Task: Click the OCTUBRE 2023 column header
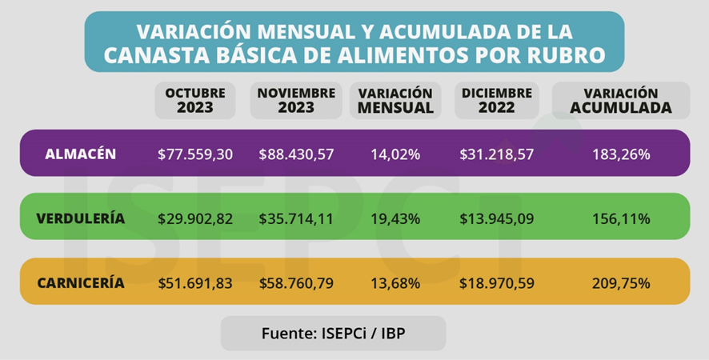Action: point(195,100)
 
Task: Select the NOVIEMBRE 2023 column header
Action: point(296,100)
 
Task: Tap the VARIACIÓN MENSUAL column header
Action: point(395,100)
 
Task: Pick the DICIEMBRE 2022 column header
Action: point(497,100)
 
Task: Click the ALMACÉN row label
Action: point(81,154)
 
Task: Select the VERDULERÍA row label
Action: point(81,218)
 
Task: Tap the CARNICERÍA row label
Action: point(81,282)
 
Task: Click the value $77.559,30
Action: point(196,154)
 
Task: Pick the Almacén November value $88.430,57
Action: point(296,154)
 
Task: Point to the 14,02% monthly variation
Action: point(395,154)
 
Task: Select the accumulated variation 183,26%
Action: point(621,154)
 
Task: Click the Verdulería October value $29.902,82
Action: point(196,218)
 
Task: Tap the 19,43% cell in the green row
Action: point(395,218)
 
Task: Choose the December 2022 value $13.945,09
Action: point(497,218)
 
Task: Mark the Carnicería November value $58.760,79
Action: point(296,282)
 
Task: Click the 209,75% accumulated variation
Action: point(621,282)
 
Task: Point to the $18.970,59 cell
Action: point(497,282)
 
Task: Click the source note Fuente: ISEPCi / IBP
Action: point(333,333)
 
